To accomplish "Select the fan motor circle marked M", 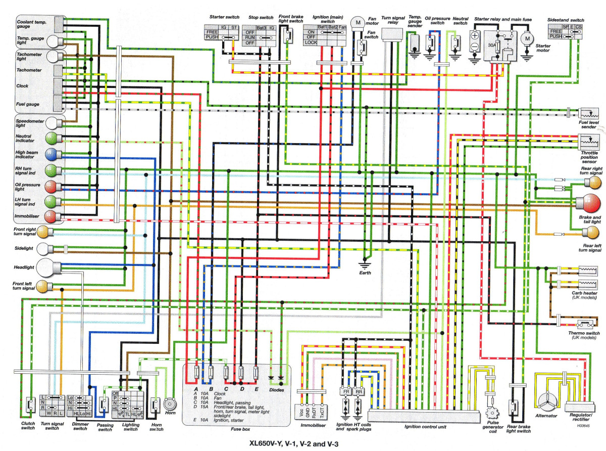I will (358, 22).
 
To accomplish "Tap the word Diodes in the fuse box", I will (277, 389).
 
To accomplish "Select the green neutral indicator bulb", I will (50, 138).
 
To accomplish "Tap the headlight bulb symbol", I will (49, 266).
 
